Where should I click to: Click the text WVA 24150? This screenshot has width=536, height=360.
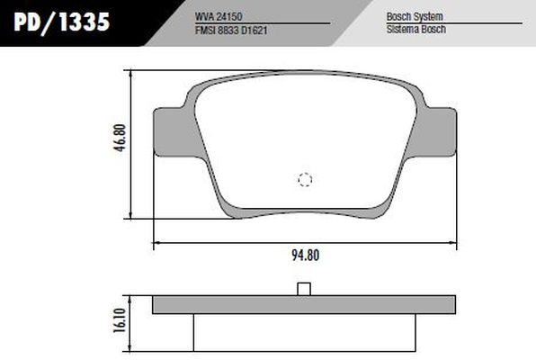(x=219, y=16)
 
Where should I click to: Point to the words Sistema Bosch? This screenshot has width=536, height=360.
(x=415, y=29)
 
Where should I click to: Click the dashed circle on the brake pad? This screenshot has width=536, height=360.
(x=305, y=179)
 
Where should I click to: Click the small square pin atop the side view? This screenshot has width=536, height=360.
(x=304, y=289)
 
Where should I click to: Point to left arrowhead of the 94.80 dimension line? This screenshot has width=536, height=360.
(x=156, y=242)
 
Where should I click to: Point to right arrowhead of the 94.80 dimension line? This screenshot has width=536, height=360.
(x=453, y=242)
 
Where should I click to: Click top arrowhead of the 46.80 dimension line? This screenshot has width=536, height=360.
(x=133, y=74)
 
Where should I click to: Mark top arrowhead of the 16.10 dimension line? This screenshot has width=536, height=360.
(x=133, y=298)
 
